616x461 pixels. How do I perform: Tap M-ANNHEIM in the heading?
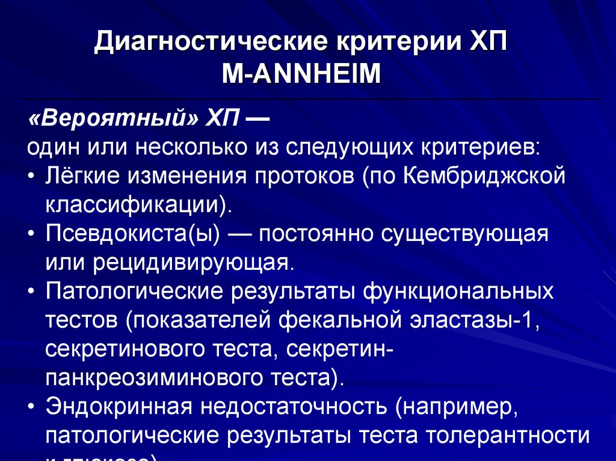tap(301, 75)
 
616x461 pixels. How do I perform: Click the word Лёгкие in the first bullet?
tap(79, 176)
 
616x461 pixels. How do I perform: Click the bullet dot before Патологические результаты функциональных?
tap(31, 292)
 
